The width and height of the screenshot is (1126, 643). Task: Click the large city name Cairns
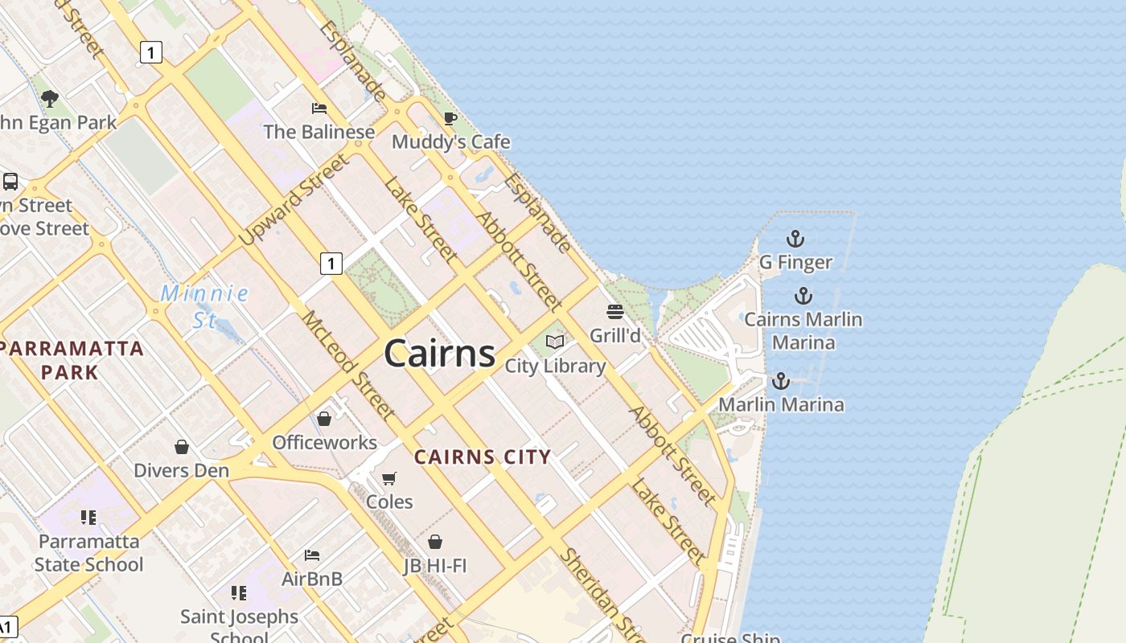pyautogui.click(x=439, y=354)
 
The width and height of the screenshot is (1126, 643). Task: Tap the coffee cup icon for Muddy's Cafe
pyautogui.click(x=450, y=119)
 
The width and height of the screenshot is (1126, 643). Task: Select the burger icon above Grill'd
pyautogui.click(x=615, y=312)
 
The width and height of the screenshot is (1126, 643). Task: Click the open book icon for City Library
pyautogui.click(x=555, y=342)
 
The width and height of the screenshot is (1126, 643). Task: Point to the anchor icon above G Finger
pyautogui.click(x=795, y=239)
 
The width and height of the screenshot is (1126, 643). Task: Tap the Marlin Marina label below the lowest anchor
pyautogui.click(x=781, y=404)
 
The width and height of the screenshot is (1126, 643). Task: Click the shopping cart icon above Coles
pyautogui.click(x=389, y=479)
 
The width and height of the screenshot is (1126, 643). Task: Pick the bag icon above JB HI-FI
pyautogui.click(x=435, y=542)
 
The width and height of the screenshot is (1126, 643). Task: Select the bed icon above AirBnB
pyautogui.click(x=312, y=555)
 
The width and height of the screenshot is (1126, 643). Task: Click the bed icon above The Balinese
pyautogui.click(x=319, y=109)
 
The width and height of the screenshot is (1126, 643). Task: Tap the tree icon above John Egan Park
pyautogui.click(x=50, y=99)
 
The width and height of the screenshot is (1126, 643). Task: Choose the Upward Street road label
pyautogui.click(x=295, y=199)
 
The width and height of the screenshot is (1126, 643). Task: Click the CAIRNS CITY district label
pyautogui.click(x=483, y=457)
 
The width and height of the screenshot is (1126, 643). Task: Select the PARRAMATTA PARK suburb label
pyautogui.click(x=71, y=360)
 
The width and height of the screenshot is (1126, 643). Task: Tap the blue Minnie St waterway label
pyautogui.click(x=204, y=306)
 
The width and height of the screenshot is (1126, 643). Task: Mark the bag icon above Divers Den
pyautogui.click(x=182, y=447)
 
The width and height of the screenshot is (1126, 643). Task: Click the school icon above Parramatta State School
pyautogui.click(x=88, y=518)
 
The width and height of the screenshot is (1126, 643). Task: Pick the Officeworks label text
pyautogui.click(x=324, y=442)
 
